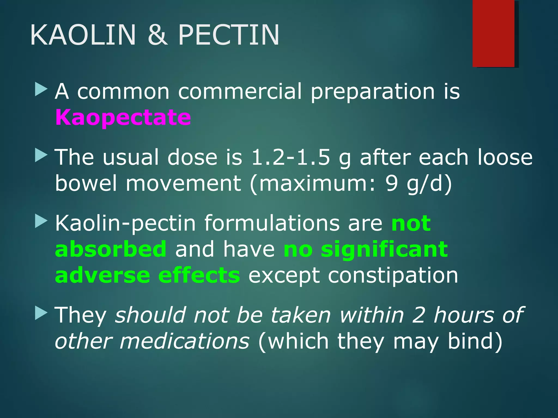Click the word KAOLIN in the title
83,35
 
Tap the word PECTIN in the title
229,35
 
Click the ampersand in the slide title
157,35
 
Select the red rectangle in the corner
493,33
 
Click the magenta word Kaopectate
123,117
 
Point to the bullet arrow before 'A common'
41,90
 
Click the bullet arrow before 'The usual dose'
41,156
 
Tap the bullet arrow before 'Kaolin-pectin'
41,222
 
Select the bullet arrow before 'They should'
41,313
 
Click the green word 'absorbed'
111,249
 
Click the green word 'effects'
199,275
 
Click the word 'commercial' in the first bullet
240,91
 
